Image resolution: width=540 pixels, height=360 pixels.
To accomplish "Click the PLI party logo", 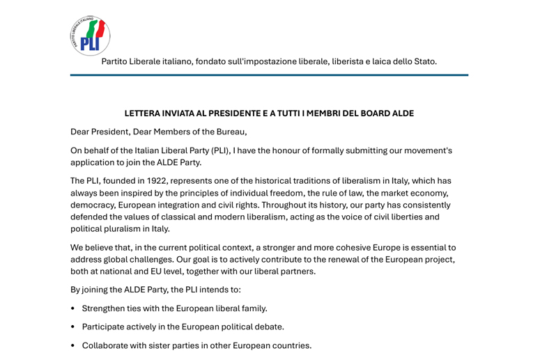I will coord(90,36).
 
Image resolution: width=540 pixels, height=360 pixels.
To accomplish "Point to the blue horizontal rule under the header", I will coord(269,75).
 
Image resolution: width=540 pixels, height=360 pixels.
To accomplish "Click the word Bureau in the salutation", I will coord(229,132).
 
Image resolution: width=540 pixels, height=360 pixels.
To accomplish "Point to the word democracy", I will coord(93,205).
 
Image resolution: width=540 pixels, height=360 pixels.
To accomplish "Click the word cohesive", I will coord(339,247).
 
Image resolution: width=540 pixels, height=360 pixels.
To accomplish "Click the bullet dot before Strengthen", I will coord(73,308).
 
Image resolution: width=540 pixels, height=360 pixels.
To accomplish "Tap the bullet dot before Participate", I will coord(73,327).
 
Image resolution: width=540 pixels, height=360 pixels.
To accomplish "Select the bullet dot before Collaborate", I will coord(73,346).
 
